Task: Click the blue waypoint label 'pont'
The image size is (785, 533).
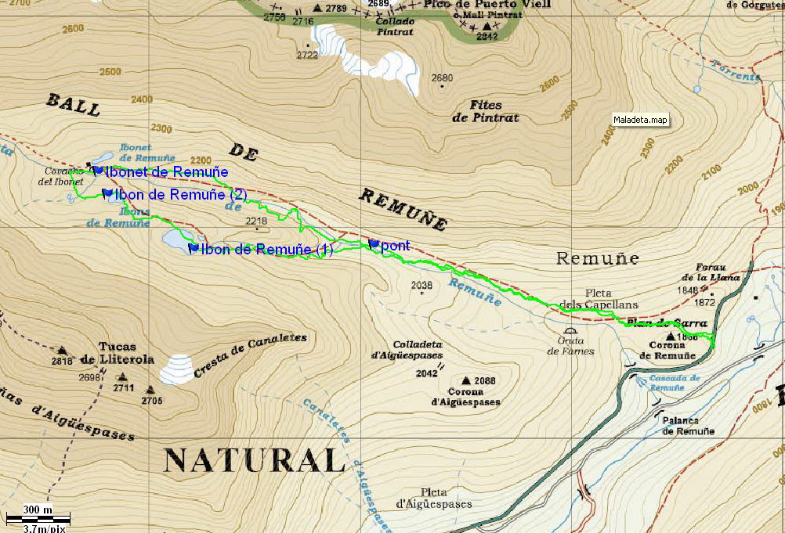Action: [395, 246]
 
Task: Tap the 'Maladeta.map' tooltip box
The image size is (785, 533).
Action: [641, 121]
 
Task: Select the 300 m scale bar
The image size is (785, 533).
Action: [38, 517]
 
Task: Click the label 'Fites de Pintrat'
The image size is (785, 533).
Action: [485, 111]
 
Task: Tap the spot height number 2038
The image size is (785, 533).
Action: [421, 285]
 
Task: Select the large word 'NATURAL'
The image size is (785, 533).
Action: [255, 460]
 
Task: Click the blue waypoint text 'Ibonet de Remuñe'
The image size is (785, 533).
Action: [166, 172]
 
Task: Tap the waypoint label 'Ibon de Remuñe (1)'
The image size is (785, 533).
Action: [266, 250]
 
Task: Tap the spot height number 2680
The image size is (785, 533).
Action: [443, 77]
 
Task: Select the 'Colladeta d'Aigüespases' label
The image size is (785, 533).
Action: [407, 350]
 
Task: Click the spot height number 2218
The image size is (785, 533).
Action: [256, 221]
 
